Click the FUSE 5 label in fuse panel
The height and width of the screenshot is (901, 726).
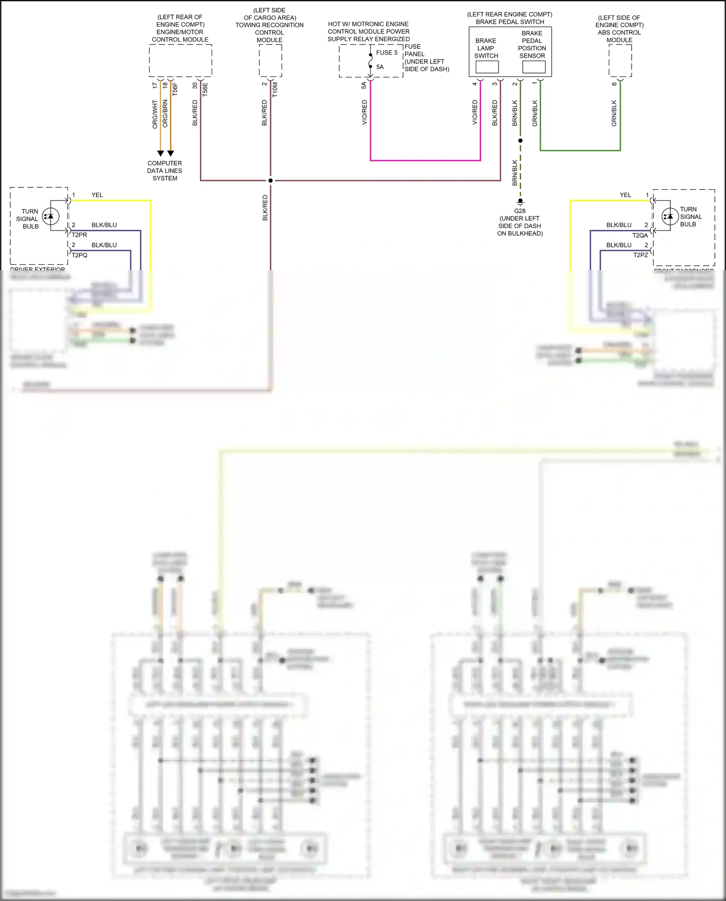(x=386, y=53)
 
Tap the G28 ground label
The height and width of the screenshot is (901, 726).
(x=519, y=211)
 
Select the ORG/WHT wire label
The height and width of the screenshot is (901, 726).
(x=155, y=114)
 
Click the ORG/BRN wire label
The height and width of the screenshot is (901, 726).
(x=165, y=114)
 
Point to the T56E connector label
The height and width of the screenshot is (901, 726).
(x=205, y=90)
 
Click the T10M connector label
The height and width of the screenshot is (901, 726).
(x=275, y=90)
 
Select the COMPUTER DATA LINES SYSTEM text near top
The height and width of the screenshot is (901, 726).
(x=165, y=171)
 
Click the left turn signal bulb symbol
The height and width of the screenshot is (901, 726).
(x=50, y=216)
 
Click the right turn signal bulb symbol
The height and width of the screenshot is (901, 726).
(x=670, y=216)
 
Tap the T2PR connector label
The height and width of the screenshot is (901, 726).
(x=79, y=235)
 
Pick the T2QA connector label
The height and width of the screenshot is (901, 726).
(x=640, y=235)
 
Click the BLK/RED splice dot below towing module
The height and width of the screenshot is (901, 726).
(x=271, y=181)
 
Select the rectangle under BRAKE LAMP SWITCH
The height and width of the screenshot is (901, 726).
(x=487, y=67)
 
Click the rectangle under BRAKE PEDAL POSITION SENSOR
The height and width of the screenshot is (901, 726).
(x=534, y=67)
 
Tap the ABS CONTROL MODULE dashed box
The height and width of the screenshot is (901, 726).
(x=620, y=61)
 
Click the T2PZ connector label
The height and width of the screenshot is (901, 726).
(x=640, y=255)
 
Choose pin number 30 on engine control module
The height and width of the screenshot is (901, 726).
(x=195, y=86)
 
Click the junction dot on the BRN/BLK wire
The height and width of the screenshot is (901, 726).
(x=520, y=140)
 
